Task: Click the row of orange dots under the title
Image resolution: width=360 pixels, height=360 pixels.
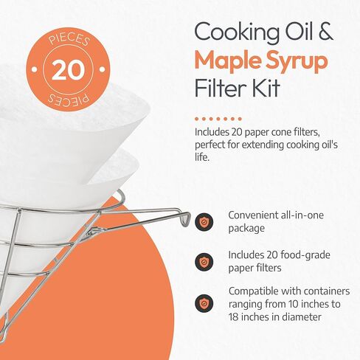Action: (221, 118)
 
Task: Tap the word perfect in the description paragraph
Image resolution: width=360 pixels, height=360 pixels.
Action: (212, 144)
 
